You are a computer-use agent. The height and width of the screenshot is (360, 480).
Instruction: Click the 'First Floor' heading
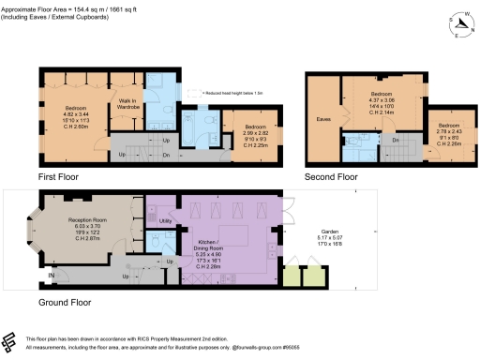tap(59, 175)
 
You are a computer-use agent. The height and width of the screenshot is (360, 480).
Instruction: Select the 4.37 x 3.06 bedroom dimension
tap(382, 101)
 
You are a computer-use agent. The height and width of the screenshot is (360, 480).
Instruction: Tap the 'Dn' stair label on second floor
tap(396, 140)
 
